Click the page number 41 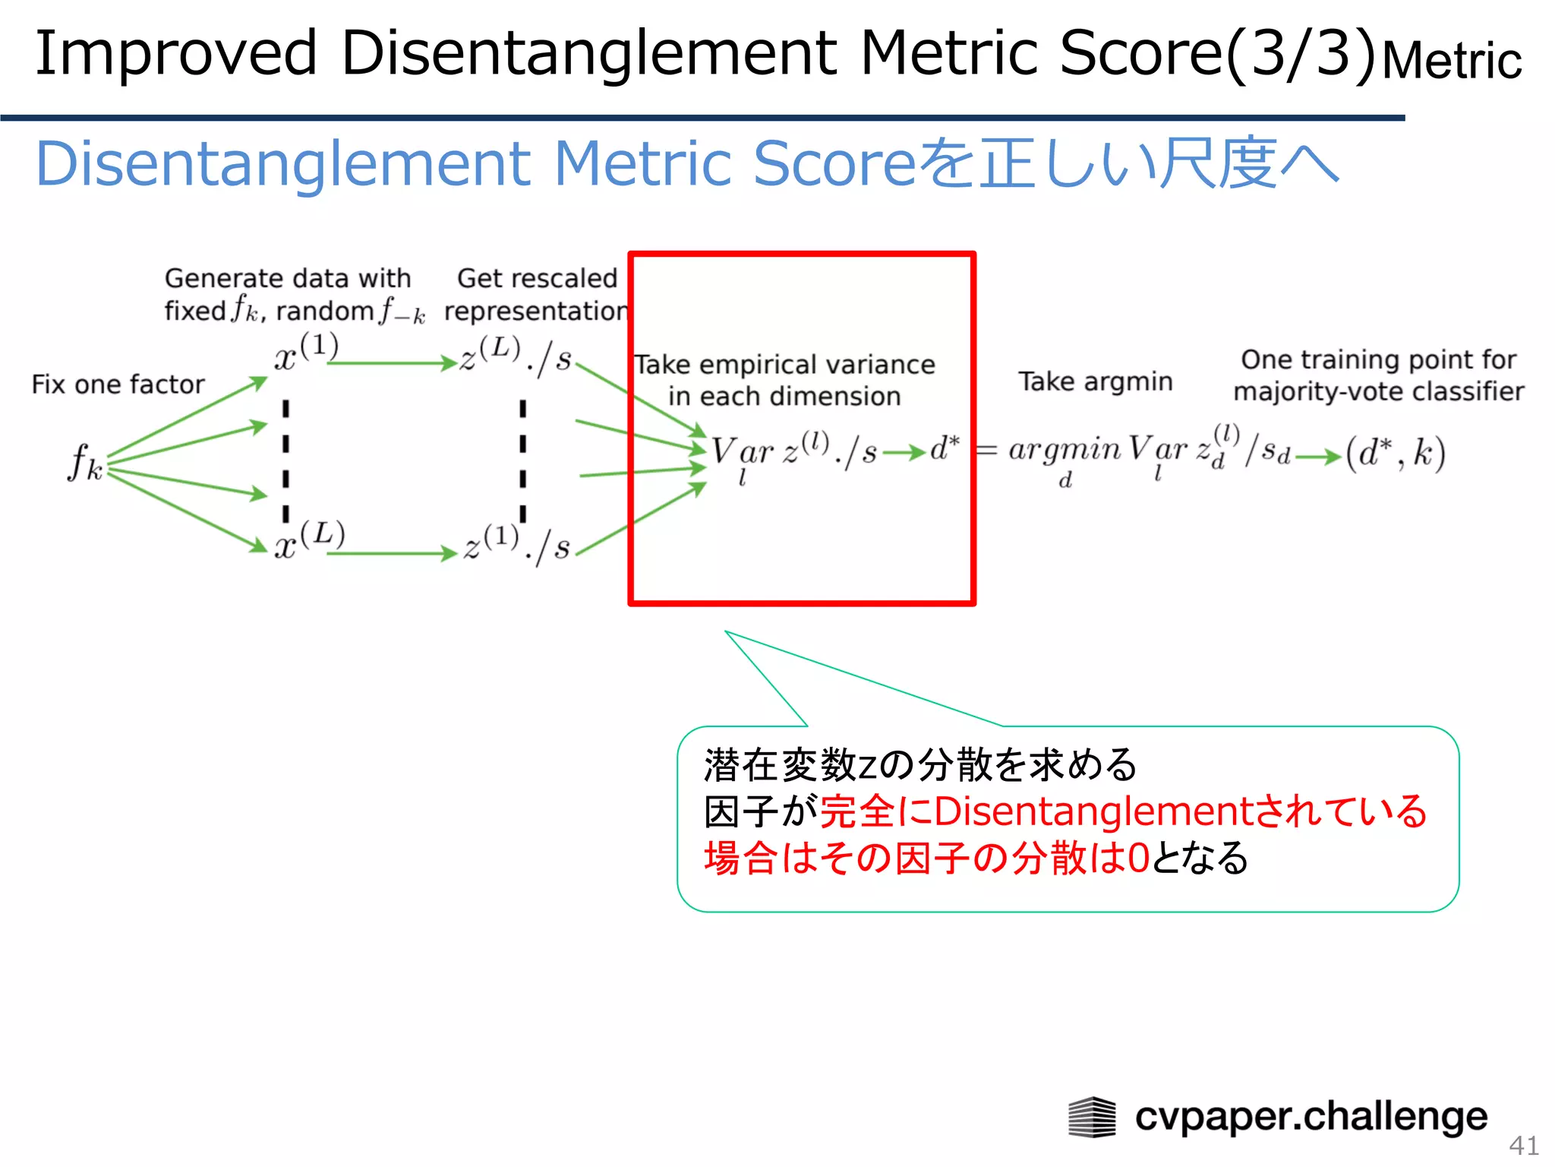[x=1523, y=1144]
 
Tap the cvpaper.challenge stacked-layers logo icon [x=1092, y=1117]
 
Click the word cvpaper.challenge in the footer [x=1311, y=1117]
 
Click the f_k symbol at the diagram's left [x=85, y=462]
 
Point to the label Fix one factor [x=118, y=384]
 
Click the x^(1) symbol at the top [x=305, y=352]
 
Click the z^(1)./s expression [x=516, y=544]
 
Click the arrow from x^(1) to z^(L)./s [x=391, y=364]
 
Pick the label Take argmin [x=1095, y=381]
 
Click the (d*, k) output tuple [x=1396, y=454]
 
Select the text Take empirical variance [x=784, y=365]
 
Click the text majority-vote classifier [x=1378, y=391]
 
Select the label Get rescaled [x=537, y=278]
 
